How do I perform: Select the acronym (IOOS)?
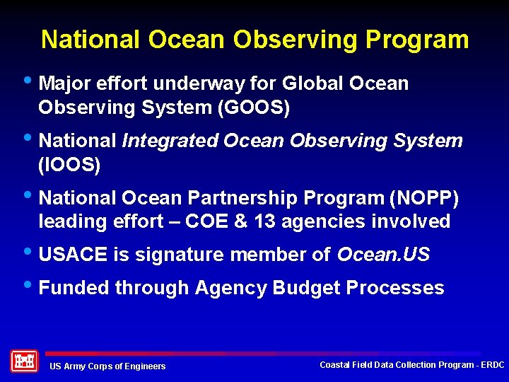click(69, 166)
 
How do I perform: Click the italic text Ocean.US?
click(383, 255)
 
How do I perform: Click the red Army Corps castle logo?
click(24, 361)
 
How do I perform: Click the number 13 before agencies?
click(264, 221)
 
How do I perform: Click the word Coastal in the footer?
click(334, 364)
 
